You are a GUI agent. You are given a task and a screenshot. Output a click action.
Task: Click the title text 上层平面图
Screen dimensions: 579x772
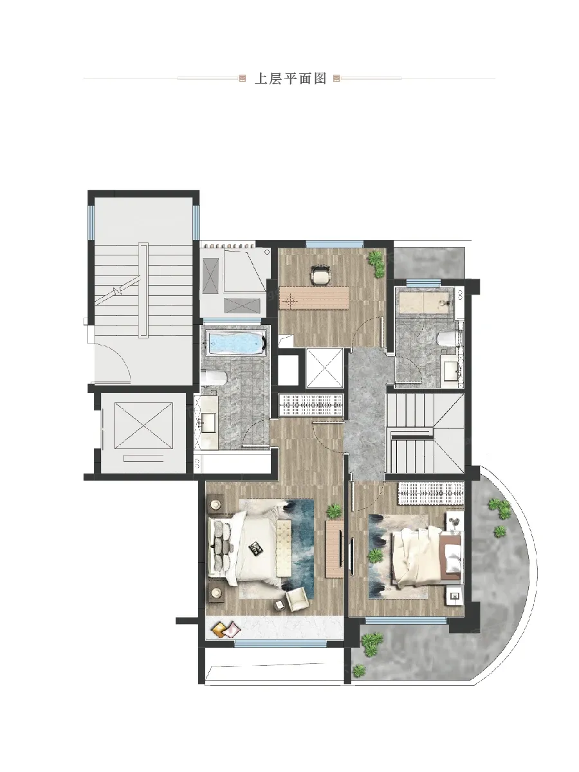click(x=291, y=78)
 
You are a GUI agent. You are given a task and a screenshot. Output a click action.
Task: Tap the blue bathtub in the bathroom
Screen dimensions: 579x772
click(x=237, y=342)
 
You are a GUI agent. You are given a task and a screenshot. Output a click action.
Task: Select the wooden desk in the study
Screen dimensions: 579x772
click(x=314, y=299)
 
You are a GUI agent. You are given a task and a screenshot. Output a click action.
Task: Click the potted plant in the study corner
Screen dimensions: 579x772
click(x=376, y=263)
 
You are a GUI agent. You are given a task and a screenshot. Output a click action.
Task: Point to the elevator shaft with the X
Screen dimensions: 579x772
click(x=143, y=426)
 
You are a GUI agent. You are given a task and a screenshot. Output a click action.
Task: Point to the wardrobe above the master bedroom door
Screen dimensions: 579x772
click(x=311, y=405)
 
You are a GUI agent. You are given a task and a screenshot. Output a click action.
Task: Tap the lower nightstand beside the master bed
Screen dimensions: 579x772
click(x=215, y=593)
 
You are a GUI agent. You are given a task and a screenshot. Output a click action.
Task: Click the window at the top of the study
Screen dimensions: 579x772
click(x=335, y=243)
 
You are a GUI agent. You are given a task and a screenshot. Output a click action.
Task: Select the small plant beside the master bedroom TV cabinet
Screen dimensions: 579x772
click(x=334, y=510)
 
